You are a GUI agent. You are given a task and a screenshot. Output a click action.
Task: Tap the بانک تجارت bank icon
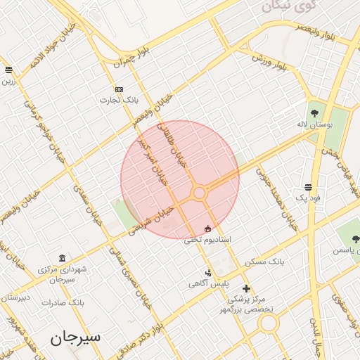(x=119, y=89)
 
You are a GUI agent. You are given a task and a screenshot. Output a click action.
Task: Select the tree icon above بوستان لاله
(x=314, y=112)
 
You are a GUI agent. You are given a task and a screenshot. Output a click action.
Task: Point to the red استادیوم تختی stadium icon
(x=207, y=229)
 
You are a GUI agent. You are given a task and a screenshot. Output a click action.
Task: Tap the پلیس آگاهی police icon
(x=207, y=273)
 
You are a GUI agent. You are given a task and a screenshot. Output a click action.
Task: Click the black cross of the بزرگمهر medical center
(x=246, y=288)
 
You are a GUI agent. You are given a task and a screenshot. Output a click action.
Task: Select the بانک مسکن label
(x=265, y=261)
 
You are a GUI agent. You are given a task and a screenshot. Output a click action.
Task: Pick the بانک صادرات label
(x=63, y=302)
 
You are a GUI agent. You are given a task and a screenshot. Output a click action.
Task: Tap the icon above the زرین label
(x=8, y=70)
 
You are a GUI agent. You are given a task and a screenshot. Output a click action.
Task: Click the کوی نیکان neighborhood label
(x=288, y=6)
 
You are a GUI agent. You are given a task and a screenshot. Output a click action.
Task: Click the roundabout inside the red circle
(x=200, y=193)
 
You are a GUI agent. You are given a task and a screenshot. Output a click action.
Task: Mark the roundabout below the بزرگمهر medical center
(x=268, y=323)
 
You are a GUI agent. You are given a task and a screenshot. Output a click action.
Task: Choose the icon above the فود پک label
(x=308, y=187)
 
